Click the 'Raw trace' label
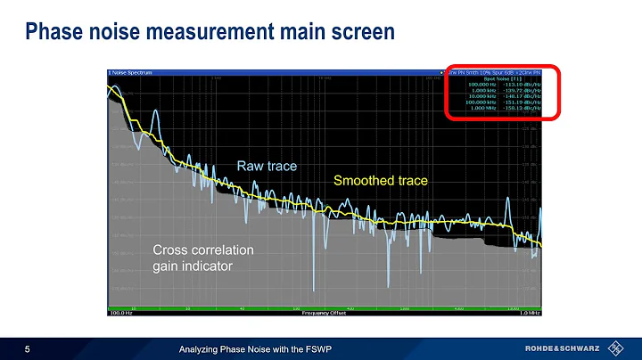(x=266, y=166)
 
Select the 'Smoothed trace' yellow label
(x=380, y=181)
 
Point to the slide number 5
(x=28, y=347)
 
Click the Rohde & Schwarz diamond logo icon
(x=614, y=347)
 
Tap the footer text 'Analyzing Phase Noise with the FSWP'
(x=255, y=347)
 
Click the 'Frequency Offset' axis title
(x=320, y=314)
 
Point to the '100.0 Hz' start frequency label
(x=120, y=314)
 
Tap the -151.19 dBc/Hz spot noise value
(x=521, y=102)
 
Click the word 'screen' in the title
(x=360, y=33)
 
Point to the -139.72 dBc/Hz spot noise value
(x=521, y=90)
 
